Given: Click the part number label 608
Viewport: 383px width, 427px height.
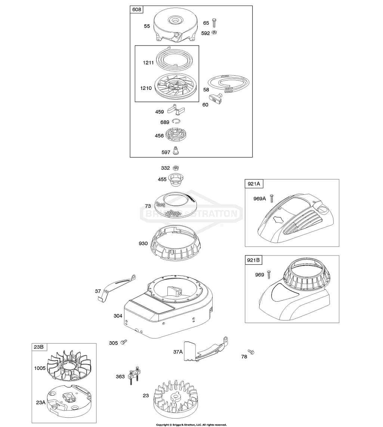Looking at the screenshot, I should tap(137, 10).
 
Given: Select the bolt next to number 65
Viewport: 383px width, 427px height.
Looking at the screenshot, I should tap(215, 23).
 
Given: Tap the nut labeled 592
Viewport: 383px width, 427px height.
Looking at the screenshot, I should tap(215, 32).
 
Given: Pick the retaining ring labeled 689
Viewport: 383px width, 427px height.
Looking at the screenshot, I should tap(176, 122).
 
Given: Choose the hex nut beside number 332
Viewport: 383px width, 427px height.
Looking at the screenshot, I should tap(176, 168).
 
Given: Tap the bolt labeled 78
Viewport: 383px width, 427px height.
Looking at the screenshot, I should tap(251, 352).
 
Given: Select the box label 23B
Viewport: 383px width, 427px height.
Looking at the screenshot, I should tap(39, 347).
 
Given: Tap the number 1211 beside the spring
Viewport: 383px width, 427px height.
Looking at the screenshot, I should tap(148, 62).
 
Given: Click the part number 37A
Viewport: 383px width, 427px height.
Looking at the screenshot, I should tap(178, 351).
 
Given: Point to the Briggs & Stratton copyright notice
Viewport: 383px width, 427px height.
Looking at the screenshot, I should tap(191, 424).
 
